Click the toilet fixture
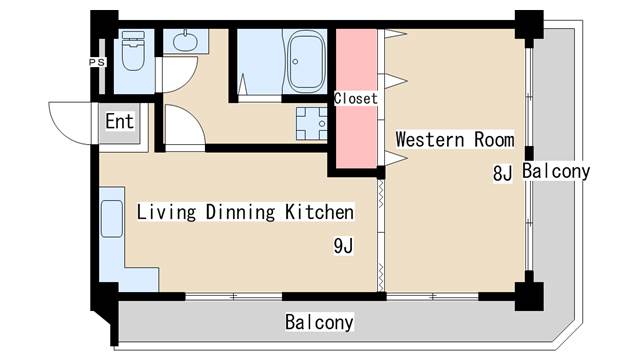pyautogui.click(x=134, y=51)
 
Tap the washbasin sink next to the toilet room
pyautogui.click(x=185, y=41)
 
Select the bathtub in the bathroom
pyautogui.click(x=307, y=62)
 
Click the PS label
pyautogui.click(x=97, y=62)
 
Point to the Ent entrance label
pyautogui.click(x=119, y=121)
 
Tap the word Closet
pyautogui.click(x=356, y=98)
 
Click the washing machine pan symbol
pyautogui.click(x=312, y=124)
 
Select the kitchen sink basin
pyautogui.click(x=112, y=219)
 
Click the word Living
pyautogui.click(x=166, y=212)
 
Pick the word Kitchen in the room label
pyautogui.click(x=319, y=212)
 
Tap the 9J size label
pyautogui.click(x=343, y=246)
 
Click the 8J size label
pyautogui.click(x=502, y=173)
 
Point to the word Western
pyautogui.click(x=430, y=139)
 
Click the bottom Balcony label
pyautogui.click(x=319, y=322)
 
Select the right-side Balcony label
pyautogui.click(x=556, y=171)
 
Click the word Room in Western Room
pyautogui.click(x=494, y=139)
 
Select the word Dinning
pyautogui.click(x=240, y=212)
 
